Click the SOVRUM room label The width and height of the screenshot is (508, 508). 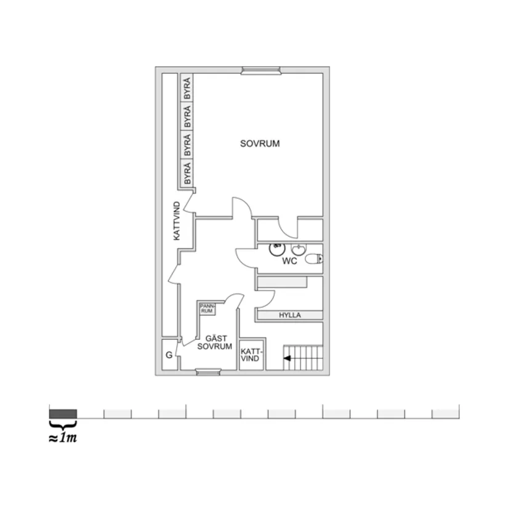click(x=260, y=144)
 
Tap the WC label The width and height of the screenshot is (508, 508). click(x=289, y=262)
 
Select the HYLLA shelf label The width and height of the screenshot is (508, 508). click(x=290, y=315)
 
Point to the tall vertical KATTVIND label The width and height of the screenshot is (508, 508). click(x=176, y=221)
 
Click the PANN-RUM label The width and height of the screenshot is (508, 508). click(x=207, y=308)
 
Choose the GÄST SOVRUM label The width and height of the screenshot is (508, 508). click(x=214, y=342)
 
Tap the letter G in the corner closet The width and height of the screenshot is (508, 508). click(x=168, y=355)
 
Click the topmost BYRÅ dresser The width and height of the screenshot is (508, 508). click(x=187, y=90)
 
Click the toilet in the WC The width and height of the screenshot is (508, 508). click(x=313, y=259)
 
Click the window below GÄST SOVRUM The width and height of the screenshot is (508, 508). click(x=208, y=371)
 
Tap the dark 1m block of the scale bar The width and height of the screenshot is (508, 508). click(x=63, y=413)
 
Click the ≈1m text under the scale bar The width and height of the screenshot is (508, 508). click(x=63, y=438)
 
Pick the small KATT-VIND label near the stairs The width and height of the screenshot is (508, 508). click(x=251, y=355)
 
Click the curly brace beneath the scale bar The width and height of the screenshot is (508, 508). click(x=63, y=424)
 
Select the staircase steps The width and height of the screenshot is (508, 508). click(x=304, y=357)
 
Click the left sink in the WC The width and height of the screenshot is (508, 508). click(x=277, y=249)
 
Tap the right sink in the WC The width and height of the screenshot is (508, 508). click(x=299, y=249)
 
